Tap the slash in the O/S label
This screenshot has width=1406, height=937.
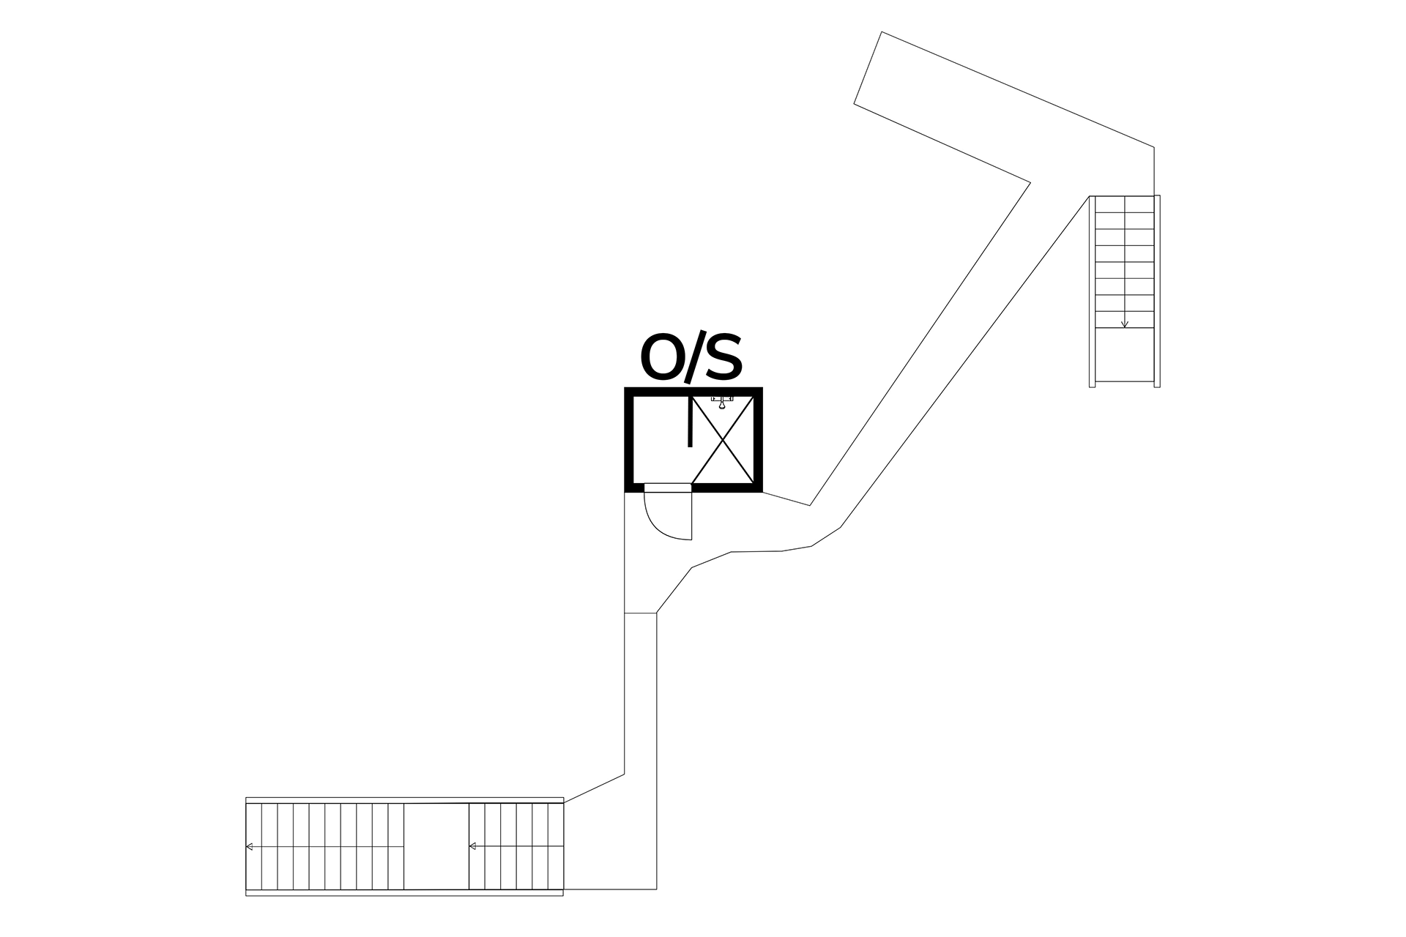tap(693, 359)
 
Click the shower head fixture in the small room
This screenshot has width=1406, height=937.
tap(722, 401)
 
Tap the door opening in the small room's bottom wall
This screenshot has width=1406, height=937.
tap(668, 488)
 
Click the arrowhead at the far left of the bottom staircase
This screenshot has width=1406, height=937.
tap(250, 846)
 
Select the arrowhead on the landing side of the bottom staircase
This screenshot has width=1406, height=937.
tap(472, 846)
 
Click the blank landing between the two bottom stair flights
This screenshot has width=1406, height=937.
tap(436, 846)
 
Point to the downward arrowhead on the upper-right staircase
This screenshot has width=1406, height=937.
tap(1124, 324)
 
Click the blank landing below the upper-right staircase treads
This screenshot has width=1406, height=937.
tap(1124, 355)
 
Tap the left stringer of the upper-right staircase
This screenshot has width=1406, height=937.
tap(1092, 291)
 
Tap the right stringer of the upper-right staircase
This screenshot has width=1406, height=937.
tap(1157, 291)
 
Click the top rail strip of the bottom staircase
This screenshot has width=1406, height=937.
tap(404, 800)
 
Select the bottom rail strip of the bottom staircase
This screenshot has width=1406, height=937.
tap(404, 892)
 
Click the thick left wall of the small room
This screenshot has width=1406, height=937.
tap(628, 439)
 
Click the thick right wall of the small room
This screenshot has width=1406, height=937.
tap(758, 439)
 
